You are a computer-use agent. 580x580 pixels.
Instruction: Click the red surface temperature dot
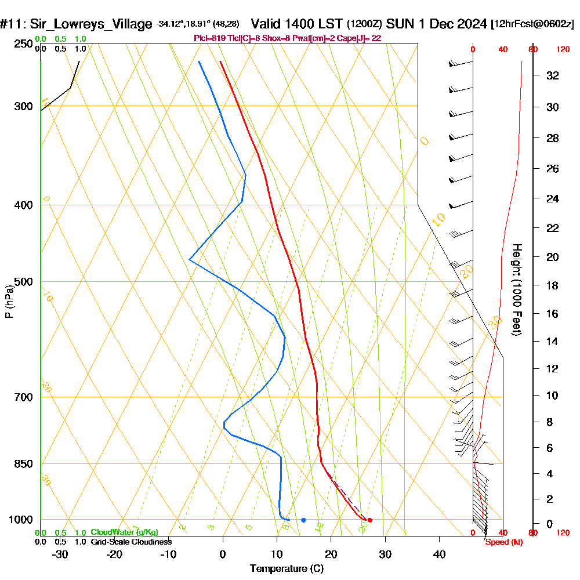(369, 520)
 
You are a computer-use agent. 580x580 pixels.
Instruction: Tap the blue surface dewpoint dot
(303, 520)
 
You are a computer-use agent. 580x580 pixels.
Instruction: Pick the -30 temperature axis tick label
(60, 554)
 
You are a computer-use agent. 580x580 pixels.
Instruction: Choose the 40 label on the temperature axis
(439, 554)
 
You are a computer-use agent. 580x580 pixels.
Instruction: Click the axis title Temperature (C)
(287, 569)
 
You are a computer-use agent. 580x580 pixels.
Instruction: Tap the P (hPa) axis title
(9, 301)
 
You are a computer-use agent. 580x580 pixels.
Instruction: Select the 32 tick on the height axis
(553, 75)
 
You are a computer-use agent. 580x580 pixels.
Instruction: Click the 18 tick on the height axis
(553, 285)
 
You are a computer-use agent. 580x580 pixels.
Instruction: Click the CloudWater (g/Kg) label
(124, 532)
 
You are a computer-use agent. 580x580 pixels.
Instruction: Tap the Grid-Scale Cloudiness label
(130, 542)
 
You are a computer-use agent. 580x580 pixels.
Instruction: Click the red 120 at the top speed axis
(562, 50)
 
